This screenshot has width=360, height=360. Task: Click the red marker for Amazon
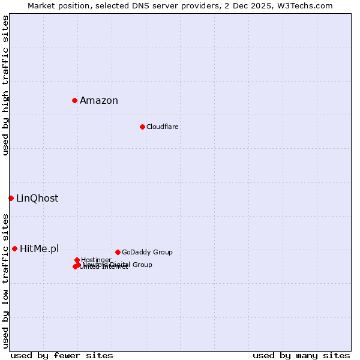[74, 100]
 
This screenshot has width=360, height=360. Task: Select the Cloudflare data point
[142, 127]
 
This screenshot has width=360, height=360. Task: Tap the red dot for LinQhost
[11, 198]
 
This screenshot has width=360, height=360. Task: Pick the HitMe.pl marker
[14, 248]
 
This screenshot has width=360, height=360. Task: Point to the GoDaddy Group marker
[118, 252]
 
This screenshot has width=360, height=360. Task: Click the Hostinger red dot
[77, 260]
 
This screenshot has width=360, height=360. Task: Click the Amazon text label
[99, 100]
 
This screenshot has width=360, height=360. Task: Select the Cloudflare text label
[163, 127]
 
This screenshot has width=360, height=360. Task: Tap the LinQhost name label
[37, 198]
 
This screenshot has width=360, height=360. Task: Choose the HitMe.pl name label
[40, 248]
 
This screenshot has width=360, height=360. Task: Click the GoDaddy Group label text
[147, 252]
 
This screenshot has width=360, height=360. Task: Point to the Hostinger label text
[96, 260]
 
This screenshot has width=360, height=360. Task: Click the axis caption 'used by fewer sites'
[62, 355]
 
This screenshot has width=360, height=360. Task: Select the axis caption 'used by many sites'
[301, 355]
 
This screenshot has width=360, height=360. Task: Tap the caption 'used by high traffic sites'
[5, 85]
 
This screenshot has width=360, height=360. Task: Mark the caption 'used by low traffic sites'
[5, 281]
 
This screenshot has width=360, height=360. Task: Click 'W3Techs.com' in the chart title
[308, 5]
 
